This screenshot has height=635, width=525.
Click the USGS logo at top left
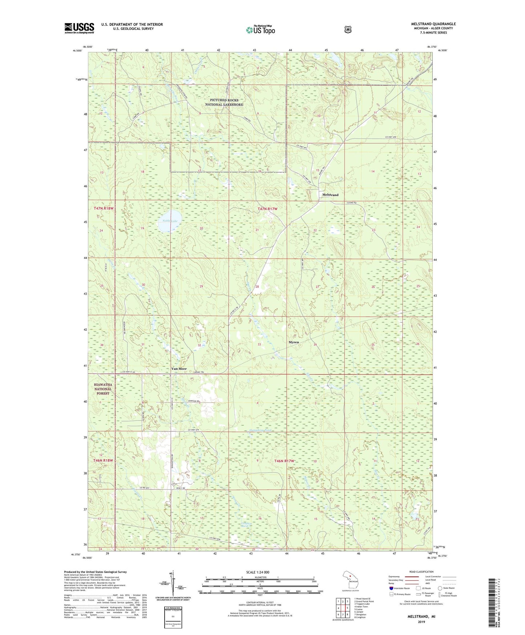pyautogui.click(x=79, y=28)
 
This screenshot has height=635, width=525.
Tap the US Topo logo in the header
pyautogui.click(x=260, y=30)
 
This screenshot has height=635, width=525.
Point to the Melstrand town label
pyautogui.click(x=330, y=195)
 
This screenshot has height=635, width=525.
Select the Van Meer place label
pyautogui.click(x=179, y=369)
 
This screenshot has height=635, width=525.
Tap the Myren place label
pyautogui.click(x=294, y=342)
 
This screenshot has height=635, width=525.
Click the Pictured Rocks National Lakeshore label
pyautogui.click(x=224, y=102)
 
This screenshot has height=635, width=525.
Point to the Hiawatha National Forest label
pyautogui.click(x=103, y=389)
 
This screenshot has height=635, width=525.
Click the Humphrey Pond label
pyautogui.click(x=261, y=430)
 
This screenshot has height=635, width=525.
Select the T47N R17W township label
pyautogui.click(x=267, y=209)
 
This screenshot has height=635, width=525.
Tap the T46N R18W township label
pyautogui.click(x=104, y=460)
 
